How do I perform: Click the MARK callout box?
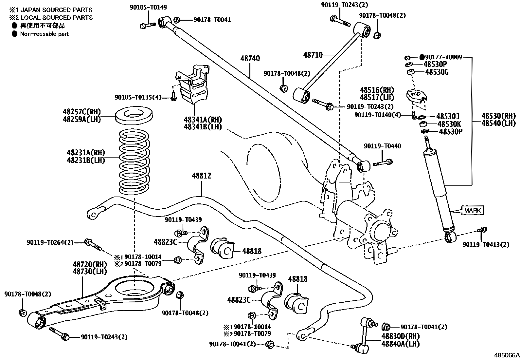click(x=472, y=210)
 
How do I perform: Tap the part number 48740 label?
click(x=250, y=59)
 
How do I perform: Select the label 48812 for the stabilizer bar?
click(x=201, y=176)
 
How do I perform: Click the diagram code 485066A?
click(x=507, y=355)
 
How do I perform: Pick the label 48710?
click(x=313, y=55)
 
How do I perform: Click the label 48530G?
click(x=437, y=72)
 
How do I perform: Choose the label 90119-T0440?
click(x=382, y=146)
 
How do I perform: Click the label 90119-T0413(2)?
click(x=486, y=245)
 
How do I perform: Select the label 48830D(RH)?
click(x=400, y=336)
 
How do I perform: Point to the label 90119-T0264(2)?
click(x=50, y=242)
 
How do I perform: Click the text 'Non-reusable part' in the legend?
click(x=45, y=34)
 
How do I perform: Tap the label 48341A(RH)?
click(x=203, y=120)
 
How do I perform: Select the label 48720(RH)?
click(x=85, y=264)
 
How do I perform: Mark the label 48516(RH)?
click(x=377, y=90)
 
